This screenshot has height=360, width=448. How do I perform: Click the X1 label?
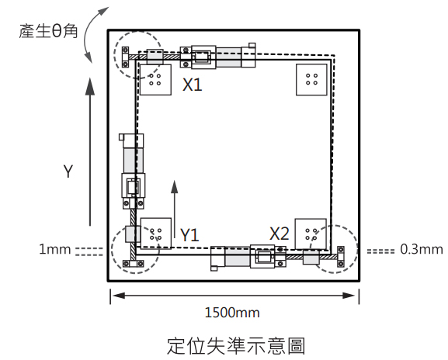pos(193,85)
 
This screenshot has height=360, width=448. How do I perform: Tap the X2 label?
pos(280,234)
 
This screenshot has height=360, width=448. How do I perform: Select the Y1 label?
pos(189,235)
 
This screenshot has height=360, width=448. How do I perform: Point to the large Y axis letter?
pos(68,171)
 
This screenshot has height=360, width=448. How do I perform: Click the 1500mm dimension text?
pos(232,313)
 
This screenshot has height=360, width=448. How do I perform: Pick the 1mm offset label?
pos(55,250)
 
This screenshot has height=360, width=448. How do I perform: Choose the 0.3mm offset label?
pos(422,250)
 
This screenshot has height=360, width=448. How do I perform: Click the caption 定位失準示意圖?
pos(236,346)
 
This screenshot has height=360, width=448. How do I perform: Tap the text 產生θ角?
pos(48,31)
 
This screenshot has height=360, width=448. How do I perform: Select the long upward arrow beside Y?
pos(90,151)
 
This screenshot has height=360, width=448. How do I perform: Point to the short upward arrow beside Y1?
pos(174,209)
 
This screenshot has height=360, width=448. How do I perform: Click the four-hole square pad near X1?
pos(155,80)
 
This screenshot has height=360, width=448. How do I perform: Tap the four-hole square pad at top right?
pos(311,80)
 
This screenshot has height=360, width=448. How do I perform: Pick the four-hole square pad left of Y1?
pos(156,234)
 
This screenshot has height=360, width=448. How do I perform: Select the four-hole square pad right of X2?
pos(311,234)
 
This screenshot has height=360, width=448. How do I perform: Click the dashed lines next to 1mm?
pos(89,251)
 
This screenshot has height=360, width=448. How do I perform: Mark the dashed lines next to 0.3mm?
pos(380,251)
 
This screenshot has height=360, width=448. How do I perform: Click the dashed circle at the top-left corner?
pos(114,54)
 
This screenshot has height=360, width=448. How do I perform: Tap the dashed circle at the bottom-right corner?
pos(357,249)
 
